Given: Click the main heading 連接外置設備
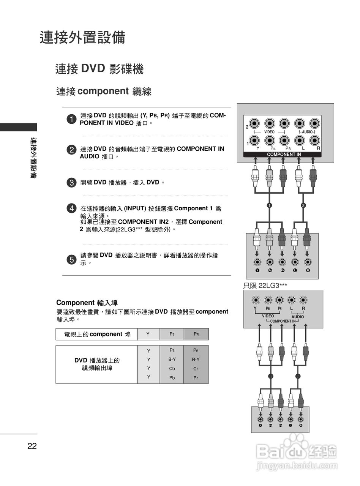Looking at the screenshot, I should coord(82,38).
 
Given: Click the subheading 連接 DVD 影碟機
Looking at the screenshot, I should coord(99,69).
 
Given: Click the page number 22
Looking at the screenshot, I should coord(32,446).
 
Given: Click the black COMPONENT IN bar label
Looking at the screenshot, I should coord(284,155).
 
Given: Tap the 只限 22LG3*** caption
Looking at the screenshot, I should coord(265,286).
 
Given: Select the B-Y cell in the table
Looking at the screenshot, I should coord(172,359).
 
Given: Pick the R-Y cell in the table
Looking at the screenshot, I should coord(196,359).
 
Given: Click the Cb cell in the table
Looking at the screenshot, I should coord(172,369).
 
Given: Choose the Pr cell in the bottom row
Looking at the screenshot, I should coord(196,378).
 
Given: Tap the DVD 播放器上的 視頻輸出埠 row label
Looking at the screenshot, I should coord(97,364).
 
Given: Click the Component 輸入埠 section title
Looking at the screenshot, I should coord(87,303).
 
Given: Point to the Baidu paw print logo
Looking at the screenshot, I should coord(296,443).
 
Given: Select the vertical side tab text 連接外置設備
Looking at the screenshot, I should coord(33,158).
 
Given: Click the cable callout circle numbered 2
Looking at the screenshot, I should coord(303,205).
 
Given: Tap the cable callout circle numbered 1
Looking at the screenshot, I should coord(269,205).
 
